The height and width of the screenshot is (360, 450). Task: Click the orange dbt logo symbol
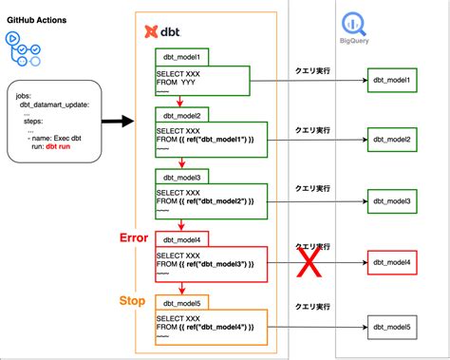coord(151,31)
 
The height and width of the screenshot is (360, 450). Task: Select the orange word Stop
coord(133,300)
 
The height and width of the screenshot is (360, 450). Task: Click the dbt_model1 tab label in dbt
coord(183,58)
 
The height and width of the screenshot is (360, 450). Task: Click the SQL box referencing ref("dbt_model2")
coord(212,201)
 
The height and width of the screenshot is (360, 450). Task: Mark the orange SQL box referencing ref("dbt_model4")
coord(212,325)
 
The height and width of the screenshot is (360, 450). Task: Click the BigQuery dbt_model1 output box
coord(391,80)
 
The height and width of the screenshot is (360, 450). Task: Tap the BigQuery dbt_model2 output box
coord(391,141)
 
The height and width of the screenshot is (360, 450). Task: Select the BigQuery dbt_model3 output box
coord(391,201)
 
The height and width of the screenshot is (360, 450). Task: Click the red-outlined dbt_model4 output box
coord(391,262)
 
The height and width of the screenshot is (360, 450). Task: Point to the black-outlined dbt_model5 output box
coord(391,327)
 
